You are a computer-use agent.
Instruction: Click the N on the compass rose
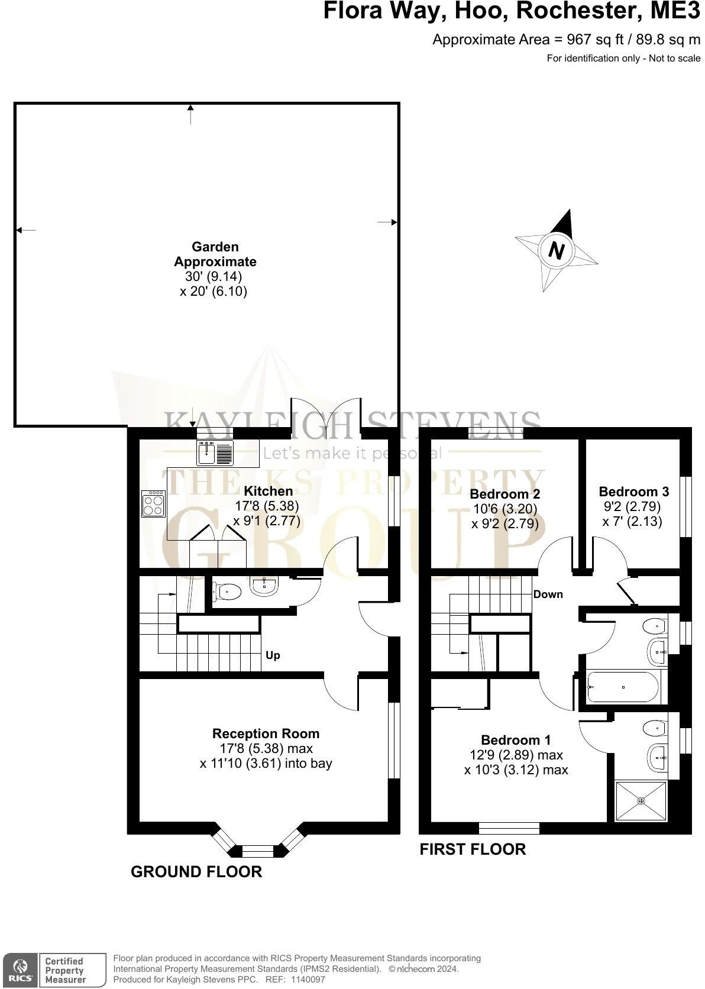click(556, 250)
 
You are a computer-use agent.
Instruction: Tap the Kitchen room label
click(269, 491)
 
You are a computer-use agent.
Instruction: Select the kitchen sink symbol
click(216, 453)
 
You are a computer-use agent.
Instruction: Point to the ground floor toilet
click(227, 590)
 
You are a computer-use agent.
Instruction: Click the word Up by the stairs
click(273, 655)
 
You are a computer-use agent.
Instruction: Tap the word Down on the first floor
click(548, 594)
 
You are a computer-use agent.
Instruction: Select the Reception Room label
click(266, 733)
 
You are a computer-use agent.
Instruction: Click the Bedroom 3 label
click(633, 492)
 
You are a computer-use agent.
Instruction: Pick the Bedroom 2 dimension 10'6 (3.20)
click(505, 509)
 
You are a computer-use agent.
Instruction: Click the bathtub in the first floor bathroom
click(626, 687)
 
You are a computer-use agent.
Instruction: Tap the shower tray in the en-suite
click(641, 801)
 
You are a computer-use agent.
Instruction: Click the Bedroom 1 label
click(516, 740)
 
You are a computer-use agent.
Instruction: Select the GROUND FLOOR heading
click(196, 872)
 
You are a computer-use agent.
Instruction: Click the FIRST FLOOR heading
click(473, 849)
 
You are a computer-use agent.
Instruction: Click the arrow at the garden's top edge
click(190, 114)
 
